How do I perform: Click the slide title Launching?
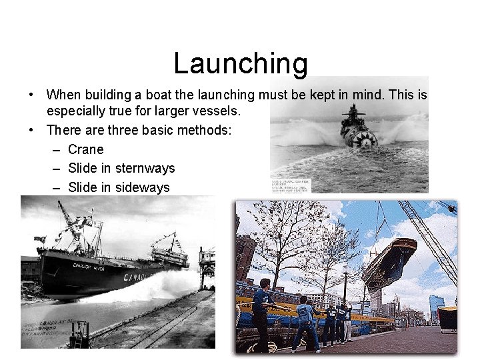[x=241, y=63]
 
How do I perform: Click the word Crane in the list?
[x=86, y=149]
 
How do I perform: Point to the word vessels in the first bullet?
[x=217, y=111]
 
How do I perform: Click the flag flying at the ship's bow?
[x=39, y=239]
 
